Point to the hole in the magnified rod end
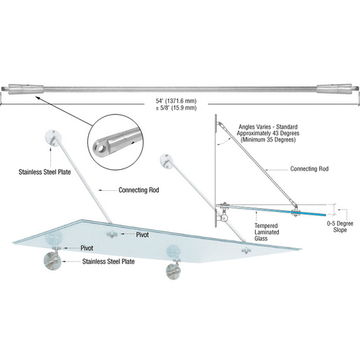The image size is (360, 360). point(98,148)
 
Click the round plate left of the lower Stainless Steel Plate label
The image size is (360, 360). point(51,263)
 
